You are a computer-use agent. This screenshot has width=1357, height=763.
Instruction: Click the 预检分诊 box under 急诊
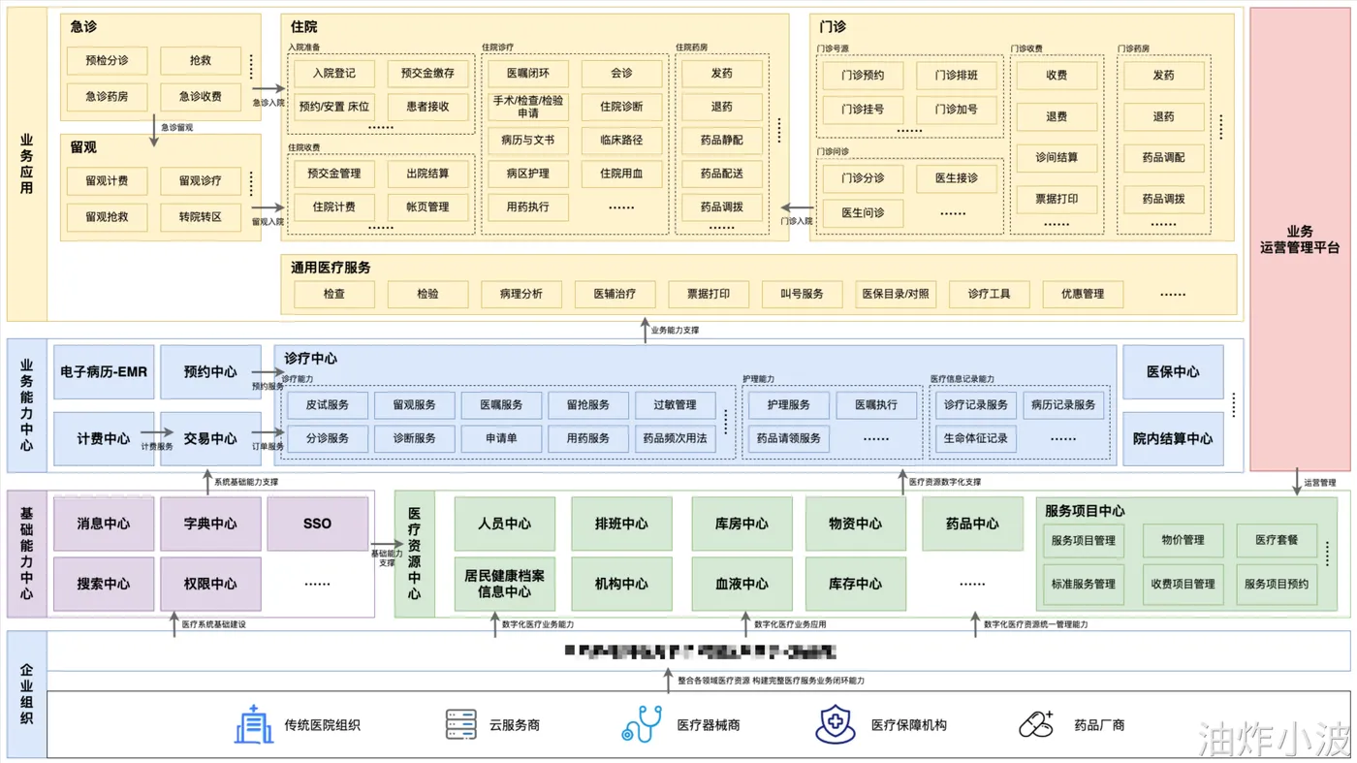107,60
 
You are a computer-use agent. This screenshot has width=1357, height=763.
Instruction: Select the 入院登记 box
334,73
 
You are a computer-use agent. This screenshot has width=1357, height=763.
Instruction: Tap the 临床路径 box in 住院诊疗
621,140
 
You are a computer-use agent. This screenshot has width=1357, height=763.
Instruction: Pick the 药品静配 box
721,140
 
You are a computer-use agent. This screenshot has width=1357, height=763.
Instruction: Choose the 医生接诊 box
957,178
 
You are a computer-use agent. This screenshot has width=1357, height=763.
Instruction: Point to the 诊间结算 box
1057,157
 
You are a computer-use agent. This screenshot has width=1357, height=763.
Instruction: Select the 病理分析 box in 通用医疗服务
521,294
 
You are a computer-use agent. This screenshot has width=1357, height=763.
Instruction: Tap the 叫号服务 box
801,294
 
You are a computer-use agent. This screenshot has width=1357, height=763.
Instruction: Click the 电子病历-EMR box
104,371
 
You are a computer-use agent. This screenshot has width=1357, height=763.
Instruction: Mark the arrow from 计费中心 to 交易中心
148,437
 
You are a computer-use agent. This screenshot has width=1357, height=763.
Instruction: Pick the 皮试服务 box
328,404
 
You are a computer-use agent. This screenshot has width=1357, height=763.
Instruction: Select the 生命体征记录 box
975,438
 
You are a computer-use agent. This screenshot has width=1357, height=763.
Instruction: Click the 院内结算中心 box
1173,438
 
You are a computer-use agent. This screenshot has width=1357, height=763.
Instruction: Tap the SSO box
317,524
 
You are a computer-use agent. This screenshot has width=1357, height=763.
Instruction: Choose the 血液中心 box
742,584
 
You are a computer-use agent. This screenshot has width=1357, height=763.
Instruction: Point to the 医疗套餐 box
1277,540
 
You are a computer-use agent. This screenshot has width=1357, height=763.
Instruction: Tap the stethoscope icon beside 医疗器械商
642,724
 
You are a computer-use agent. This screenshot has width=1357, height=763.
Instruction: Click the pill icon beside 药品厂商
1036,724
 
